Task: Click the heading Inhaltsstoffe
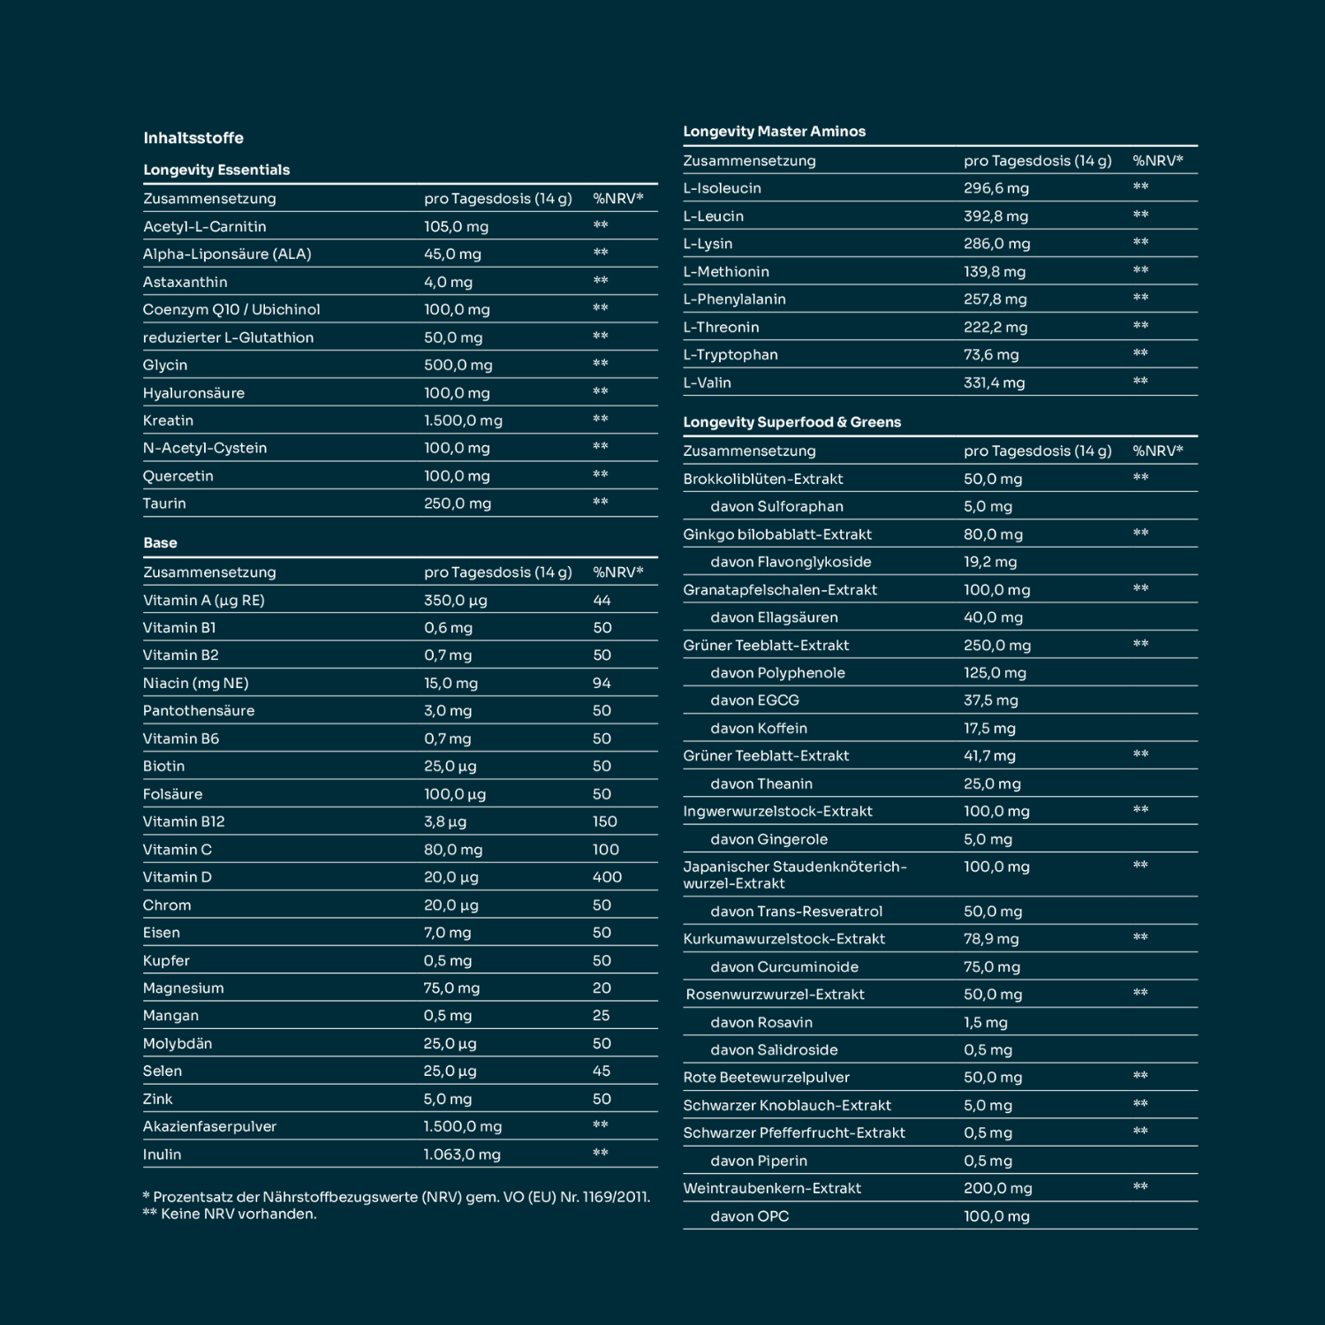click(x=193, y=138)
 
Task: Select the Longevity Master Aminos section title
click(x=774, y=132)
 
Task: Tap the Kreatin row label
click(x=168, y=420)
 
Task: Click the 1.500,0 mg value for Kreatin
click(x=463, y=420)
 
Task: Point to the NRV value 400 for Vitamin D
click(x=607, y=877)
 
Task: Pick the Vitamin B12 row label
click(x=184, y=821)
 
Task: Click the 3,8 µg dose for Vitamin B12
click(x=445, y=821)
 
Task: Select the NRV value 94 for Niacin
click(x=602, y=683)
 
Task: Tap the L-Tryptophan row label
click(x=731, y=355)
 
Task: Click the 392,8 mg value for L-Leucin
click(x=996, y=216)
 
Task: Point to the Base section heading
click(x=160, y=543)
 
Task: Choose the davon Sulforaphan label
click(x=776, y=507)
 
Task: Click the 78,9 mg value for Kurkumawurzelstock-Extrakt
click(x=991, y=939)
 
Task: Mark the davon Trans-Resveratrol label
click(x=796, y=912)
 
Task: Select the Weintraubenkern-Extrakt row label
click(x=772, y=1189)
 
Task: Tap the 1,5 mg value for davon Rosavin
click(x=985, y=1023)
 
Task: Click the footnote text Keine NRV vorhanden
click(x=238, y=1215)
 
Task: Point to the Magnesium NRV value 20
click(x=602, y=988)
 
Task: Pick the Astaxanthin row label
click(x=185, y=283)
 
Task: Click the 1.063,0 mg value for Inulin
click(x=462, y=1155)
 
